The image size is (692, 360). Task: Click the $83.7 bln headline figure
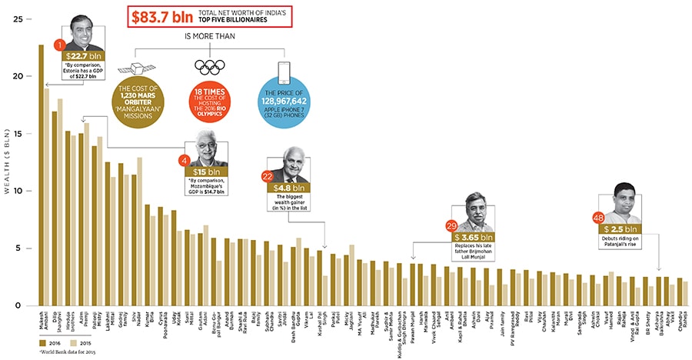pyautogui.click(x=165, y=16)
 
